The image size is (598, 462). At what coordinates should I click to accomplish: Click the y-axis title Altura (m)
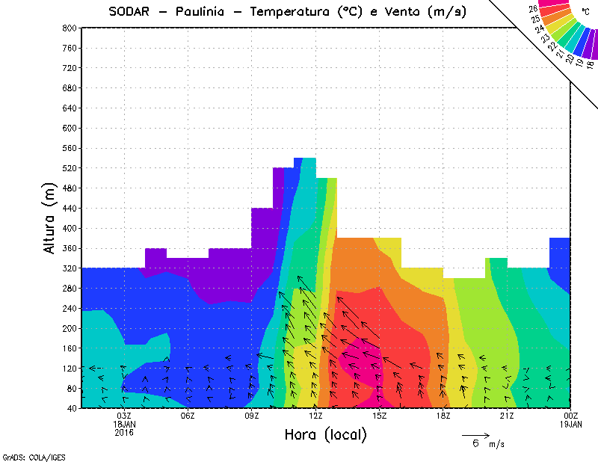point(50,218)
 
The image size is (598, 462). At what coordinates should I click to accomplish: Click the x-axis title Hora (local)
point(325,434)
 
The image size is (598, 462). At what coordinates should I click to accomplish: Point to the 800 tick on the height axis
point(70,28)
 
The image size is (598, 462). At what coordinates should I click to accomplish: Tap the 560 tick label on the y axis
point(70,148)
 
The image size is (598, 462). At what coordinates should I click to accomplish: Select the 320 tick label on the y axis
point(70,268)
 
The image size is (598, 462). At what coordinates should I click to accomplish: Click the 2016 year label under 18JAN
point(124,432)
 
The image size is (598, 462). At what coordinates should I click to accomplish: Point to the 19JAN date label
point(571,424)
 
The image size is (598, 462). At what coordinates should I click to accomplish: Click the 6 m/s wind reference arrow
point(475,434)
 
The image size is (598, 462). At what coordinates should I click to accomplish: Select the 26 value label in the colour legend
point(533,9)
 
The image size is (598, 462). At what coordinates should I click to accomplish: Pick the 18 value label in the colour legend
point(590,64)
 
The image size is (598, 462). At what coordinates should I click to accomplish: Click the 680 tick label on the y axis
point(70,88)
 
